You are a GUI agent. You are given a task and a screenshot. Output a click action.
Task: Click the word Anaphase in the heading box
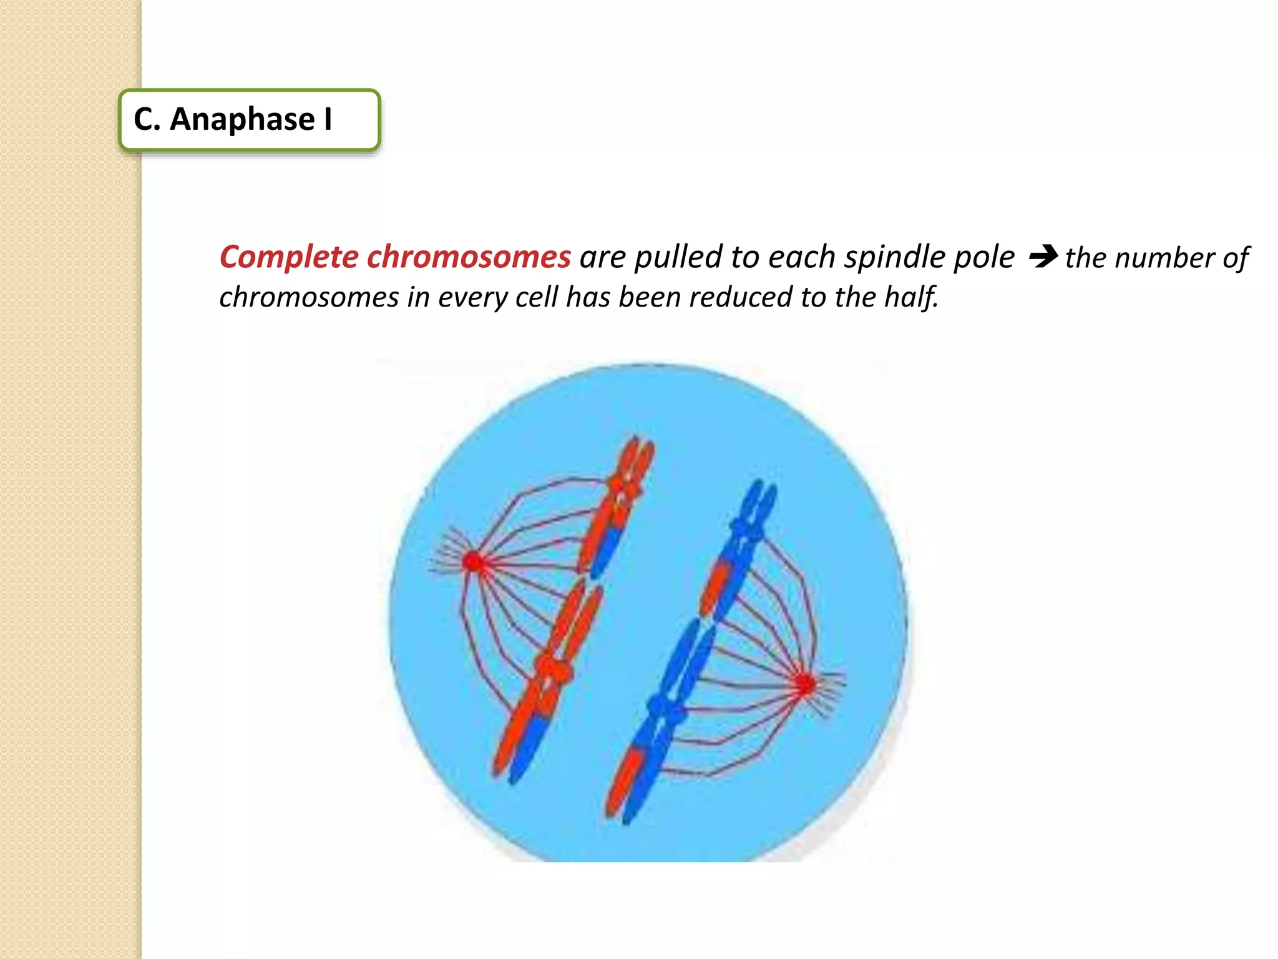[242, 119]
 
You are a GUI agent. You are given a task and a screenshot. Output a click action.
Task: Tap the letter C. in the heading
[147, 119]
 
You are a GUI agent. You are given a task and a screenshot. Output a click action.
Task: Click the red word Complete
[289, 257]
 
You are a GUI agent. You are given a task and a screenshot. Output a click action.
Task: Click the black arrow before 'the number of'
[1043, 256]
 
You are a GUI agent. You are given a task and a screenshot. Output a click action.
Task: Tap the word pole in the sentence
[988, 257]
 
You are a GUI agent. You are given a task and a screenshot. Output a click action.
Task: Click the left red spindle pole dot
[474, 561]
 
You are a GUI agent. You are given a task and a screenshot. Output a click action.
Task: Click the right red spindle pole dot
[806, 684]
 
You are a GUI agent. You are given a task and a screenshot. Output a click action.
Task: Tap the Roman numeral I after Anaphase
[328, 119]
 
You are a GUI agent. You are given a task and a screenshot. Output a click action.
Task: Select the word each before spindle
[802, 257]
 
